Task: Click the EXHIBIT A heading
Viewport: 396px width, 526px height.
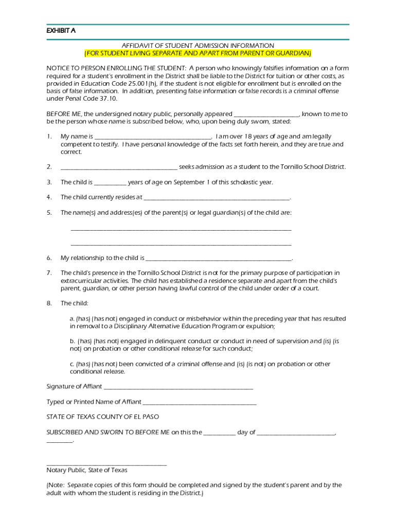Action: pyautogui.click(x=61, y=30)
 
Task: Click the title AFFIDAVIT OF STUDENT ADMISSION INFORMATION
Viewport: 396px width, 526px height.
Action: pyautogui.click(x=197, y=46)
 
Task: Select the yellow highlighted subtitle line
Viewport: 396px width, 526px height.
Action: pyautogui.click(x=197, y=53)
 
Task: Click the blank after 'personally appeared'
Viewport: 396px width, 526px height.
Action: pyautogui.click(x=266, y=114)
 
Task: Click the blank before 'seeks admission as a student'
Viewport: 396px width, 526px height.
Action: pyautogui.click(x=119, y=167)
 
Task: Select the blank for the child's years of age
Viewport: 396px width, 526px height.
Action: pyautogui.click(x=110, y=182)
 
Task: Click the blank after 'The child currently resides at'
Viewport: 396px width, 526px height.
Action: pyautogui.click(x=217, y=197)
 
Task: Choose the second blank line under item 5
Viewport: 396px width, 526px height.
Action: pyautogui.click(x=181, y=244)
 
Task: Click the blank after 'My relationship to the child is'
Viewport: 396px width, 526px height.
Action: pyautogui.click(x=219, y=258)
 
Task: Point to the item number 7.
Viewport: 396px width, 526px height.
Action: pyautogui.click(x=49, y=273)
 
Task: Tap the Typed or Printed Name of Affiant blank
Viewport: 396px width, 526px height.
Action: pyautogui.click(x=200, y=402)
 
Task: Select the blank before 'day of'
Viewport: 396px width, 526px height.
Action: pyautogui.click(x=220, y=433)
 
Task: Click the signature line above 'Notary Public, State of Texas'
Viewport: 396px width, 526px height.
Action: pyautogui.click(x=106, y=464)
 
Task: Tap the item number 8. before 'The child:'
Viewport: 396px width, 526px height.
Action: pyautogui.click(x=49, y=303)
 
